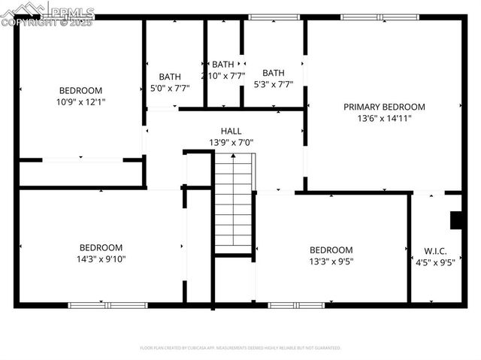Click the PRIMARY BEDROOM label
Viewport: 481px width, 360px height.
[x=384, y=107]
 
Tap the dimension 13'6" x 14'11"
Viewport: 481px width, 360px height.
[x=384, y=118]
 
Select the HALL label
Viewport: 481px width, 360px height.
[x=231, y=131]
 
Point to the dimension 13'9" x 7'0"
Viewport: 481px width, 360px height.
[x=231, y=142]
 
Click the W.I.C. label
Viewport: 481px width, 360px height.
[x=436, y=251]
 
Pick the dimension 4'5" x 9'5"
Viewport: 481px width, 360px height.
[x=436, y=262]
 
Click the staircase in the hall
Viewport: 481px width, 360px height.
[x=233, y=202]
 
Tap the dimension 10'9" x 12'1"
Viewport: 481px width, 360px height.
[x=80, y=101]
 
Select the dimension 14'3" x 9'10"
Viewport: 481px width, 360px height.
[x=101, y=259]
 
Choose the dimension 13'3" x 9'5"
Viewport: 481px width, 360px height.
[x=331, y=262]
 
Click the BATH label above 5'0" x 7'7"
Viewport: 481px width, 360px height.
[x=170, y=76]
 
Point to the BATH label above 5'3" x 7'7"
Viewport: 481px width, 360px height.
[x=273, y=73]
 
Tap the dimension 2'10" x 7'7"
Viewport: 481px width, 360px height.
[x=223, y=76]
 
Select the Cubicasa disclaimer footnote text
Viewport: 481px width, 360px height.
[x=240, y=348]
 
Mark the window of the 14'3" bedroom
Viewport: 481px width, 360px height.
[x=107, y=305]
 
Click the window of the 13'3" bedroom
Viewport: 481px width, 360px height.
[x=296, y=305]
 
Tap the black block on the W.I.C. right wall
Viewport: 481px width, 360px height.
[x=455, y=220]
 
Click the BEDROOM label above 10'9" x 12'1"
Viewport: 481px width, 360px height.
[x=80, y=89]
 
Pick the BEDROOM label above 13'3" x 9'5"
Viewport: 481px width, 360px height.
[x=331, y=250]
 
